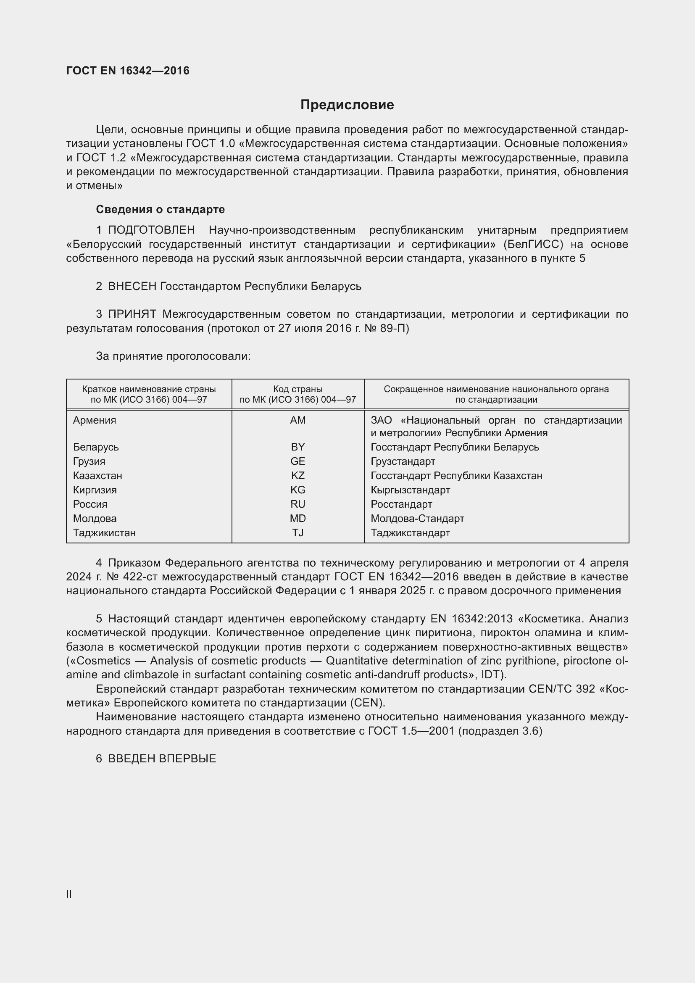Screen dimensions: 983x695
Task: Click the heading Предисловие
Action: click(x=347, y=105)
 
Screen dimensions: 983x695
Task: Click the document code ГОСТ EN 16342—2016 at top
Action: click(x=128, y=71)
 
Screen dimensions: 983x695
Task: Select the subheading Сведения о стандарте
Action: click(x=160, y=209)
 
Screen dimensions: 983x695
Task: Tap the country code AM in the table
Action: click(x=297, y=420)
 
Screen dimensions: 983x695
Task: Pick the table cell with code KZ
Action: click(x=297, y=476)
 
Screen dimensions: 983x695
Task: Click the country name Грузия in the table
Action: click(x=89, y=461)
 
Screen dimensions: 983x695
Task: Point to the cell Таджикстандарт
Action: click(x=410, y=533)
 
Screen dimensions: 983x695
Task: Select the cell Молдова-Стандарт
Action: click(x=417, y=519)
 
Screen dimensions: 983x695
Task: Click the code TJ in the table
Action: click(x=297, y=533)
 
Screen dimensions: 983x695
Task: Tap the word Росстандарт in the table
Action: click(x=401, y=504)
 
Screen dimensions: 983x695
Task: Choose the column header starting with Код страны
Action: click(x=297, y=394)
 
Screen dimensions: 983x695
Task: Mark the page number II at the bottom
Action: click(x=69, y=894)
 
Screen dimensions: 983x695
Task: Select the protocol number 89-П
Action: click(x=394, y=328)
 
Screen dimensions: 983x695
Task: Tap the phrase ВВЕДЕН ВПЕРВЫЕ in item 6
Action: click(x=162, y=759)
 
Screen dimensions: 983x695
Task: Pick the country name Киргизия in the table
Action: click(x=95, y=490)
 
